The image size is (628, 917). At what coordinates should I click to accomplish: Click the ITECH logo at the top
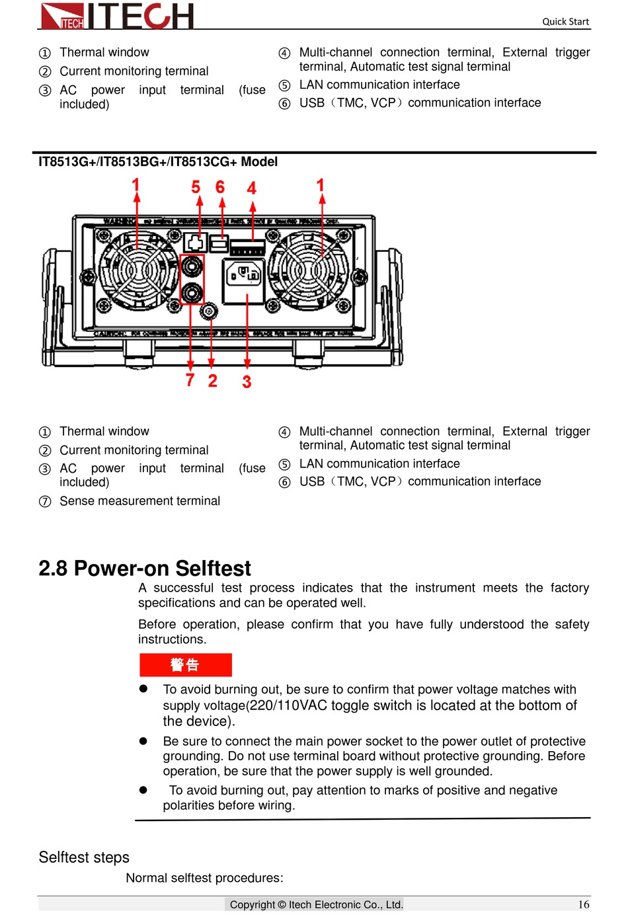coord(117,16)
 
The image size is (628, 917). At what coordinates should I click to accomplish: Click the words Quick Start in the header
coord(565,21)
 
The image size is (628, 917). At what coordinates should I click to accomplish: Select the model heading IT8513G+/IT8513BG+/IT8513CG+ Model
coord(158,162)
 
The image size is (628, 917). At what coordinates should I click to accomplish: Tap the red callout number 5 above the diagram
coord(196,188)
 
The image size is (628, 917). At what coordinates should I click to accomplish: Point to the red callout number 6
coord(220,188)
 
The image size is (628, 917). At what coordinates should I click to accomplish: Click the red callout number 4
coord(252,188)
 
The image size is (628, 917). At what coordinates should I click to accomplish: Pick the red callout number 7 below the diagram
coord(190,380)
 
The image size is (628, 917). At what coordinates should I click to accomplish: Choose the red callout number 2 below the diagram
coord(212,381)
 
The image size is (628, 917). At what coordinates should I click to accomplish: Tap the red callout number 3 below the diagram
coord(247,381)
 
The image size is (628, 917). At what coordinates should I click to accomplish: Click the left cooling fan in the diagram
coord(138,270)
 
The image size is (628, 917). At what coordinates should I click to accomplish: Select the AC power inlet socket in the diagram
coord(244,274)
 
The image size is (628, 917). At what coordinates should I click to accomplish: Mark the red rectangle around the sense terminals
coord(192,280)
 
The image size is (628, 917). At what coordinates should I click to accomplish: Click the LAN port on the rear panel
coord(196,243)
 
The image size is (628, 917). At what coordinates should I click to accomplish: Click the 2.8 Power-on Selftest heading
coord(145,569)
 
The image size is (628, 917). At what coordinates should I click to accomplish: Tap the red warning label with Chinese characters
coord(185,664)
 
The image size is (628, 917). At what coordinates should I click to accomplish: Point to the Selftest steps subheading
coord(84,857)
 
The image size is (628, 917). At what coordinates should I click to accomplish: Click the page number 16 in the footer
coord(584,904)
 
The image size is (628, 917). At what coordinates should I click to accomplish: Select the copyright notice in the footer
coord(316,904)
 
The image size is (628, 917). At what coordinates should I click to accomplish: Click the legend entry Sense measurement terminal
coord(139,501)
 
